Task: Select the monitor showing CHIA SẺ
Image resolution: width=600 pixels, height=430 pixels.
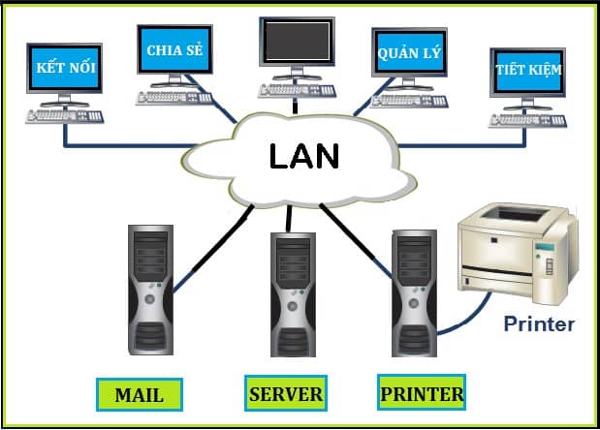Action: coord(174,50)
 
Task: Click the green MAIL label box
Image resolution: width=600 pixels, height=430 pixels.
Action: coord(139,394)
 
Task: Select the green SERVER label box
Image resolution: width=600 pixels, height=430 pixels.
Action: coord(285,393)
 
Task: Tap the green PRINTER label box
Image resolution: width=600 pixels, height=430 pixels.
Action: coord(421,393)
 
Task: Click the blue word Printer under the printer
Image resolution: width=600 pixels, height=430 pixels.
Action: coord(538,323)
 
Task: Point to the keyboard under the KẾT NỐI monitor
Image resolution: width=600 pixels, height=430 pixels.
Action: coord(64,117)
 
